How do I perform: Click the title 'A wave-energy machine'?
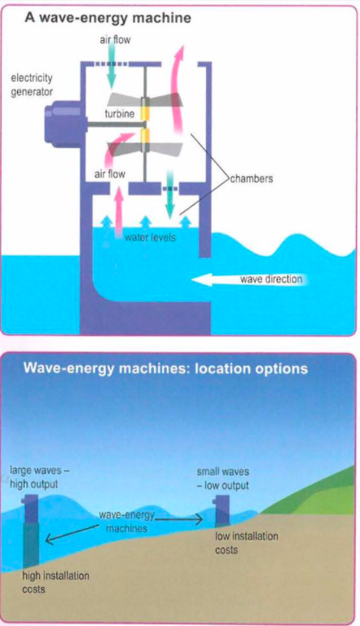(x=108, y=18)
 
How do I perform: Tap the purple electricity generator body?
(x=63, y=122)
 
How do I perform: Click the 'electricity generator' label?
(x=32, y=85)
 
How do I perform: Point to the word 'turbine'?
(x=120, y=114)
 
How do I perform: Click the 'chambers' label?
(x=252, y=178)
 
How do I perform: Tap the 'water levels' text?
(x=150, y=237)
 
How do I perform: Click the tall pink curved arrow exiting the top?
(x=176, y=90)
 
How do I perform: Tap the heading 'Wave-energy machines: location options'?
(x=165, y=368)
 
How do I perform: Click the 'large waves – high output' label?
(x=40, y=477)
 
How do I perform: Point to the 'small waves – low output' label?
(x=222, y=478)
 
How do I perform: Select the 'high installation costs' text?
(x=55, y=582)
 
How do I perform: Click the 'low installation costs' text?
(x=246, y=543)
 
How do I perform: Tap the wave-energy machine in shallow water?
(x=222, y=510)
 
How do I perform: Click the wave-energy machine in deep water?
(x=32, y=531)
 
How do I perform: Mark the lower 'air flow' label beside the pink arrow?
(x=110, y=174)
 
